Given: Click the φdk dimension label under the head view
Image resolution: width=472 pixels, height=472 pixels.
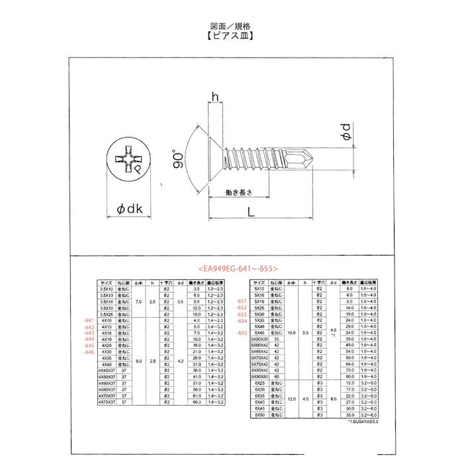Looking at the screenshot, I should click(x=130, y=209).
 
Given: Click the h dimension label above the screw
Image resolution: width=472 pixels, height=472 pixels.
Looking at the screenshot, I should click(x=214, y=97).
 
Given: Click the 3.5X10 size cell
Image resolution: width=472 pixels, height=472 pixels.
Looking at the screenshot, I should click(x=106, y=289).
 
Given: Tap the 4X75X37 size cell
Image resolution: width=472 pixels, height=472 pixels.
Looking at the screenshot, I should click(x=107, y=402).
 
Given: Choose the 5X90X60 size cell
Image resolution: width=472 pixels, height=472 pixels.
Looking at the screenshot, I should click(x=260, y=376).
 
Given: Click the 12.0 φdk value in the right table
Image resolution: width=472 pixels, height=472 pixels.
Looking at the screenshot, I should click(x=291, y=399).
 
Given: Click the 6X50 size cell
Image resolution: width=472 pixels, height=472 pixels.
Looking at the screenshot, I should click(x=260, y=414).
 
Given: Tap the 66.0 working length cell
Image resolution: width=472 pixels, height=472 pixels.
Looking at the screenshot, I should click(x=197, y=402).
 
